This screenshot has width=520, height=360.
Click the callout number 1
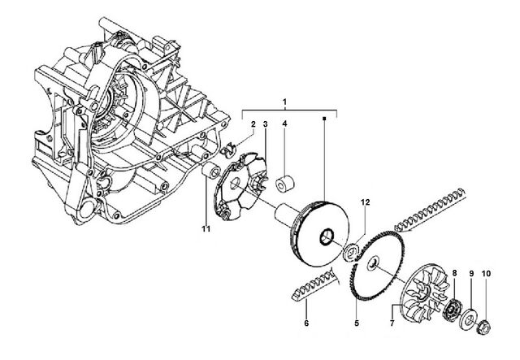284,102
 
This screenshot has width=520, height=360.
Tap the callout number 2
253,124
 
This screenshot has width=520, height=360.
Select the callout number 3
266,124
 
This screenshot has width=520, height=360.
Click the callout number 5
357,323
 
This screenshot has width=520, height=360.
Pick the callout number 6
306,323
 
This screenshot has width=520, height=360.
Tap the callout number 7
392,323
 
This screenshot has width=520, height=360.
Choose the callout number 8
454,273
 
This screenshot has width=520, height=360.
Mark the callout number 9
471,274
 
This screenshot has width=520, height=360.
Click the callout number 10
486,274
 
